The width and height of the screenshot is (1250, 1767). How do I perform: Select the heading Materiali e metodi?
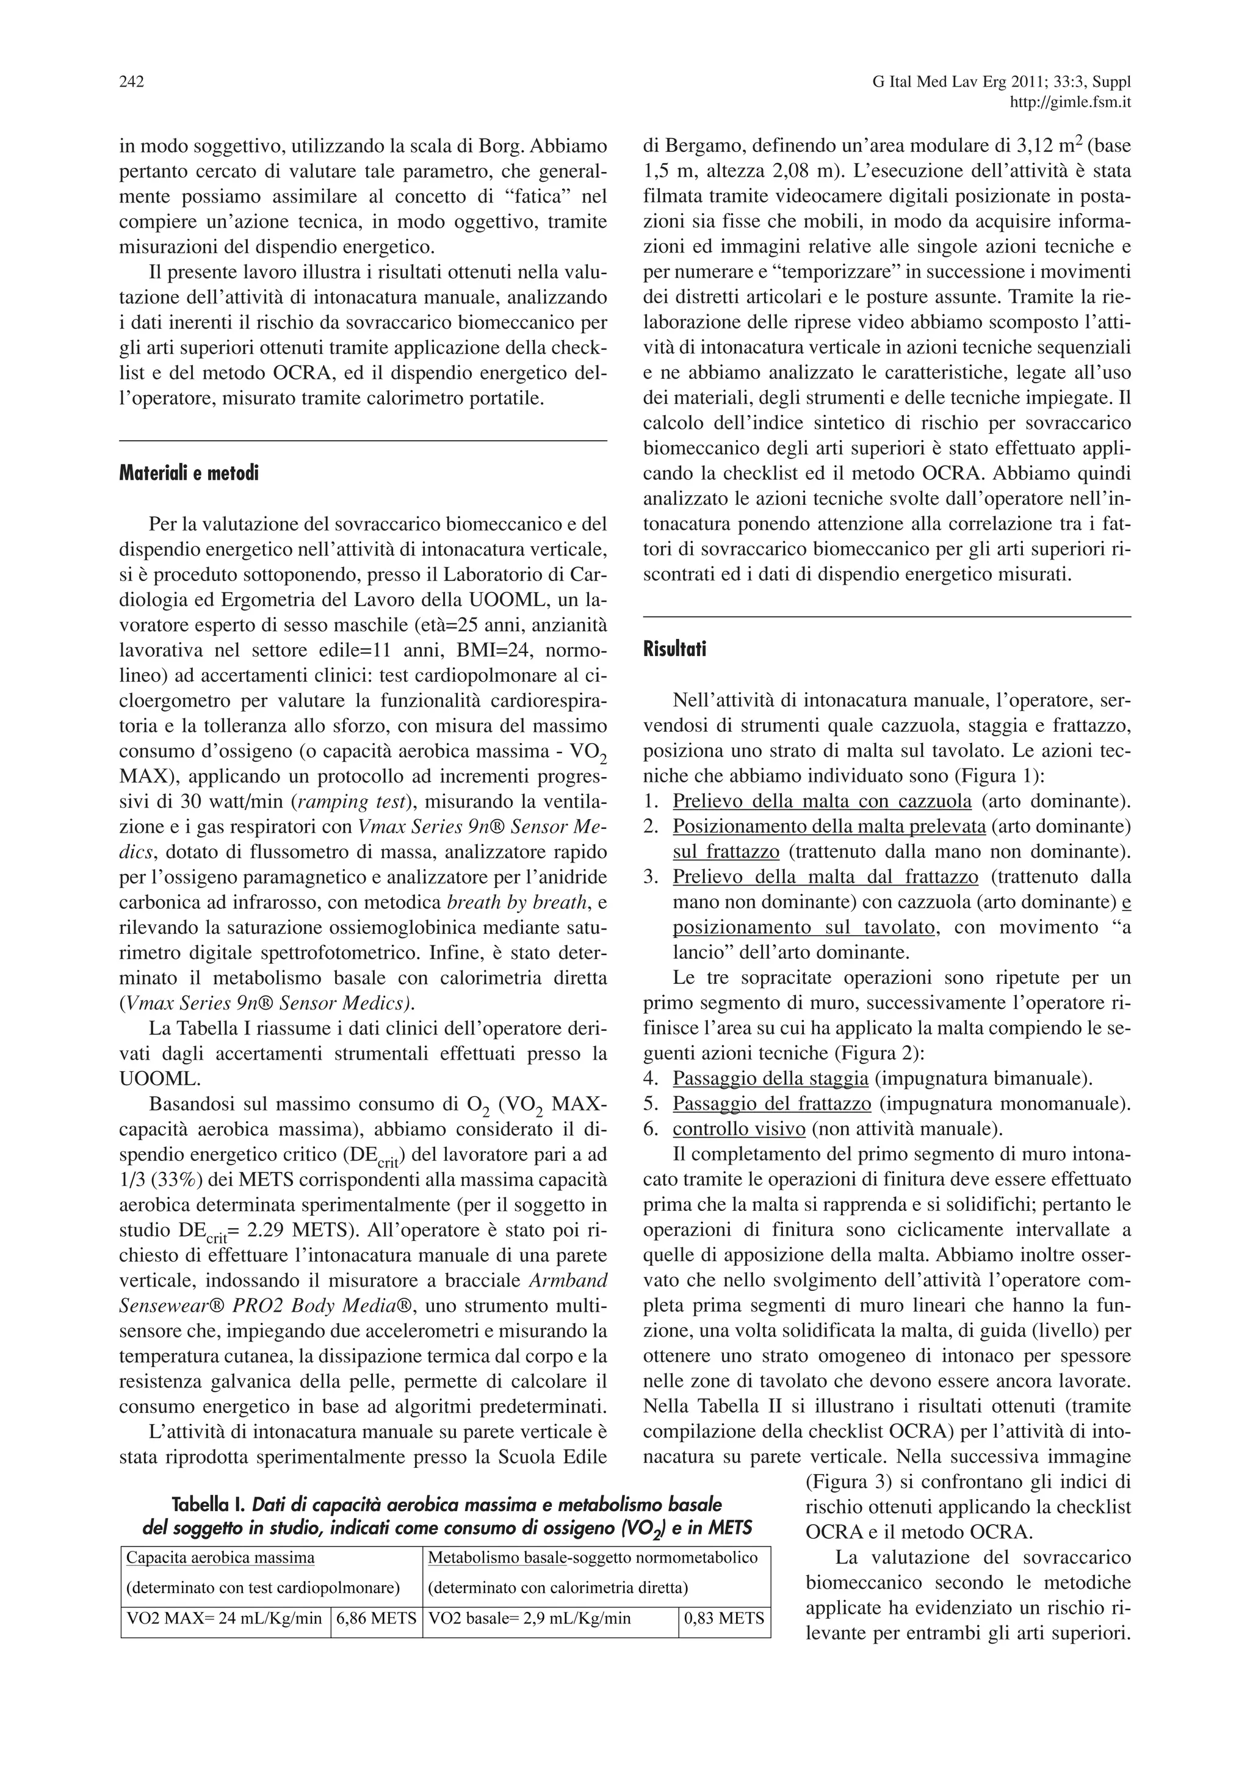pos(189,473)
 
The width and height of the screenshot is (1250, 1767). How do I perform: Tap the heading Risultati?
pos(674,649)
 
